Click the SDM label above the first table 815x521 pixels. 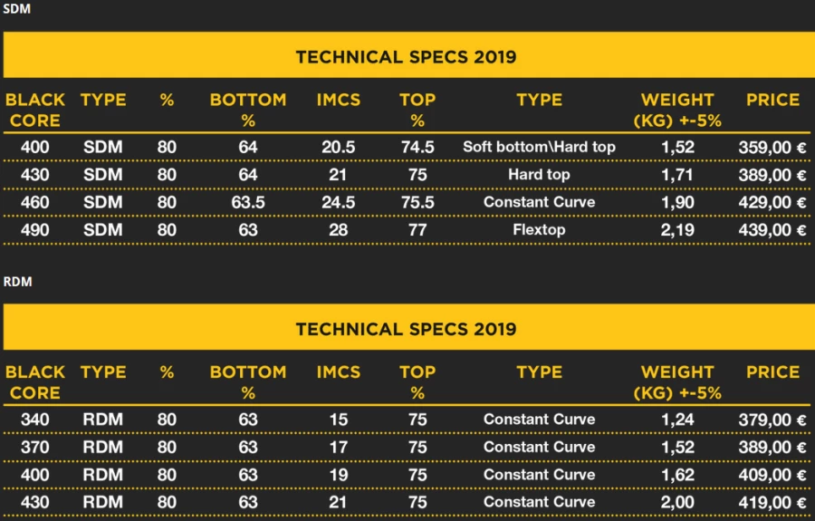pyautogui.click(x=16, y=9)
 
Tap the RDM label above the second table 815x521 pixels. pyautogui.click(x=17, y=282)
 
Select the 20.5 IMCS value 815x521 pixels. pyautogui.click(x=338, y=147)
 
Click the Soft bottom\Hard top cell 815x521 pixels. pyautogui.click(x=539, y=147)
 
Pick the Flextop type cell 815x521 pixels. pyautogui.click(x=539, y=229)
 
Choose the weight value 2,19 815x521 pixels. pyautogui.click(x=676, y=229)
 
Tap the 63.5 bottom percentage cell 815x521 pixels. pyautogui.click(x=247, y=202)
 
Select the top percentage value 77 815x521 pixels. pyautogui.click(x=417, y=229)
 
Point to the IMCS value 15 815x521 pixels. pyautogui.click(x=338, y=420)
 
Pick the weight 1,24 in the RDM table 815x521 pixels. pyautogui.click(x=676, y=420)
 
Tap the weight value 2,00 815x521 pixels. pyautogui.click(x=676, y=502)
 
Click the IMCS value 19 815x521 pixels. pyautogui.click(x=338, y=475)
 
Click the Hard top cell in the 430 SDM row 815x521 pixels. pyautogui.click(x=539, y=174)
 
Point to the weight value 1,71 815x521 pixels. pyautogui.click(x=676, y=174)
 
